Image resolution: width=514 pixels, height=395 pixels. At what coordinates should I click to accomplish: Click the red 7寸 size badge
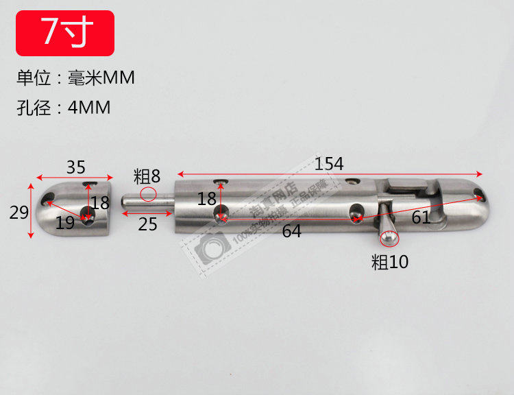point(65,32)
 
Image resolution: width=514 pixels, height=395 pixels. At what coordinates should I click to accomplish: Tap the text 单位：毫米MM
point(75,79)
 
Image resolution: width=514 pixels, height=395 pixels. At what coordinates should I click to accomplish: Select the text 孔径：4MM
point(63,108)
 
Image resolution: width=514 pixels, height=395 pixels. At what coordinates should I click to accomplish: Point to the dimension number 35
point(76,167)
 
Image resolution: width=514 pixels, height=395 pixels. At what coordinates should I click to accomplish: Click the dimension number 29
point(19,212)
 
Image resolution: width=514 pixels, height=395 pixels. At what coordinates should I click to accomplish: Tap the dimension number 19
point(64,222)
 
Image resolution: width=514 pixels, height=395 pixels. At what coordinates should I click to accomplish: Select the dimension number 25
point(147,224)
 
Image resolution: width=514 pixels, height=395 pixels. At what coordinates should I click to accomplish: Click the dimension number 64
point(291,231)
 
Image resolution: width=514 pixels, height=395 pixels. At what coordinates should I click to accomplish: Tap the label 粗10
point(389,261)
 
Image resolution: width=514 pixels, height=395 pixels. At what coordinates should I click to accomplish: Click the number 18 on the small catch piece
point(100,202)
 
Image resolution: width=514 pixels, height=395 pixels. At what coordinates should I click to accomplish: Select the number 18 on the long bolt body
point(207,199)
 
